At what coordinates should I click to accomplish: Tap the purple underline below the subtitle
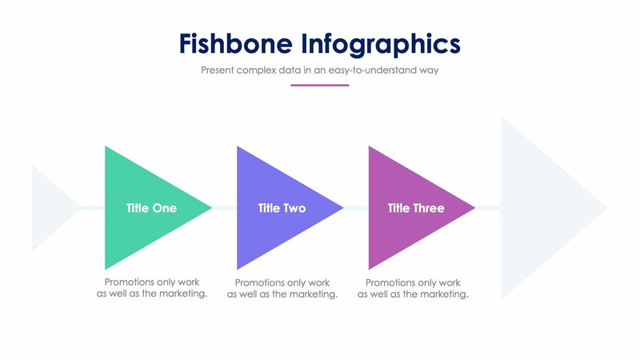point(319,85)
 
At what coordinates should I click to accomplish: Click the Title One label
point(151,208)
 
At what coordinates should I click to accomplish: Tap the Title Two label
point(282,208)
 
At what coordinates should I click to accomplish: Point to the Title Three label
point(416,208)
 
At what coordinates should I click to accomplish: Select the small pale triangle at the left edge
point(48,208)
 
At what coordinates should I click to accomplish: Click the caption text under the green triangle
point(152,288)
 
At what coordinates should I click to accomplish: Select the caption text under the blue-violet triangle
point(282,288)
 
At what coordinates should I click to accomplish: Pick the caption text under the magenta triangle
point(413,288)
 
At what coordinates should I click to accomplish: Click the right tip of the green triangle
point(210,208)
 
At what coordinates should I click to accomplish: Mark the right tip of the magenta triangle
point(474,208)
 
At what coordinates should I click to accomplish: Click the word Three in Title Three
point(428,208)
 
